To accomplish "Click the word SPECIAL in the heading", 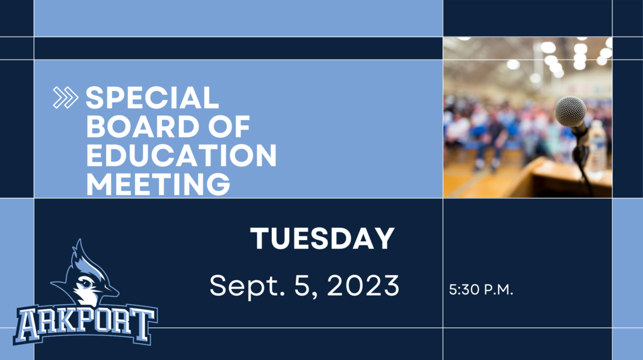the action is point(152,98).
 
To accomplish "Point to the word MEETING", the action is point(158,183).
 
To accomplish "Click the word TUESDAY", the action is point(322,238).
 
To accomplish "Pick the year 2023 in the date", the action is point(363,285).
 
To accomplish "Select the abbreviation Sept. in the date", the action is point(247,286).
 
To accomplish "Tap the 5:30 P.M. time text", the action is point(481,290).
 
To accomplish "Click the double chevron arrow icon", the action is point(65,98).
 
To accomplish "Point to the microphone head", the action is point(571,111).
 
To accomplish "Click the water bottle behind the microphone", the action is point(597,150).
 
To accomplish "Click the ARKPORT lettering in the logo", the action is point(85,324).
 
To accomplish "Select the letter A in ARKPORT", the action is point(29,325).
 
